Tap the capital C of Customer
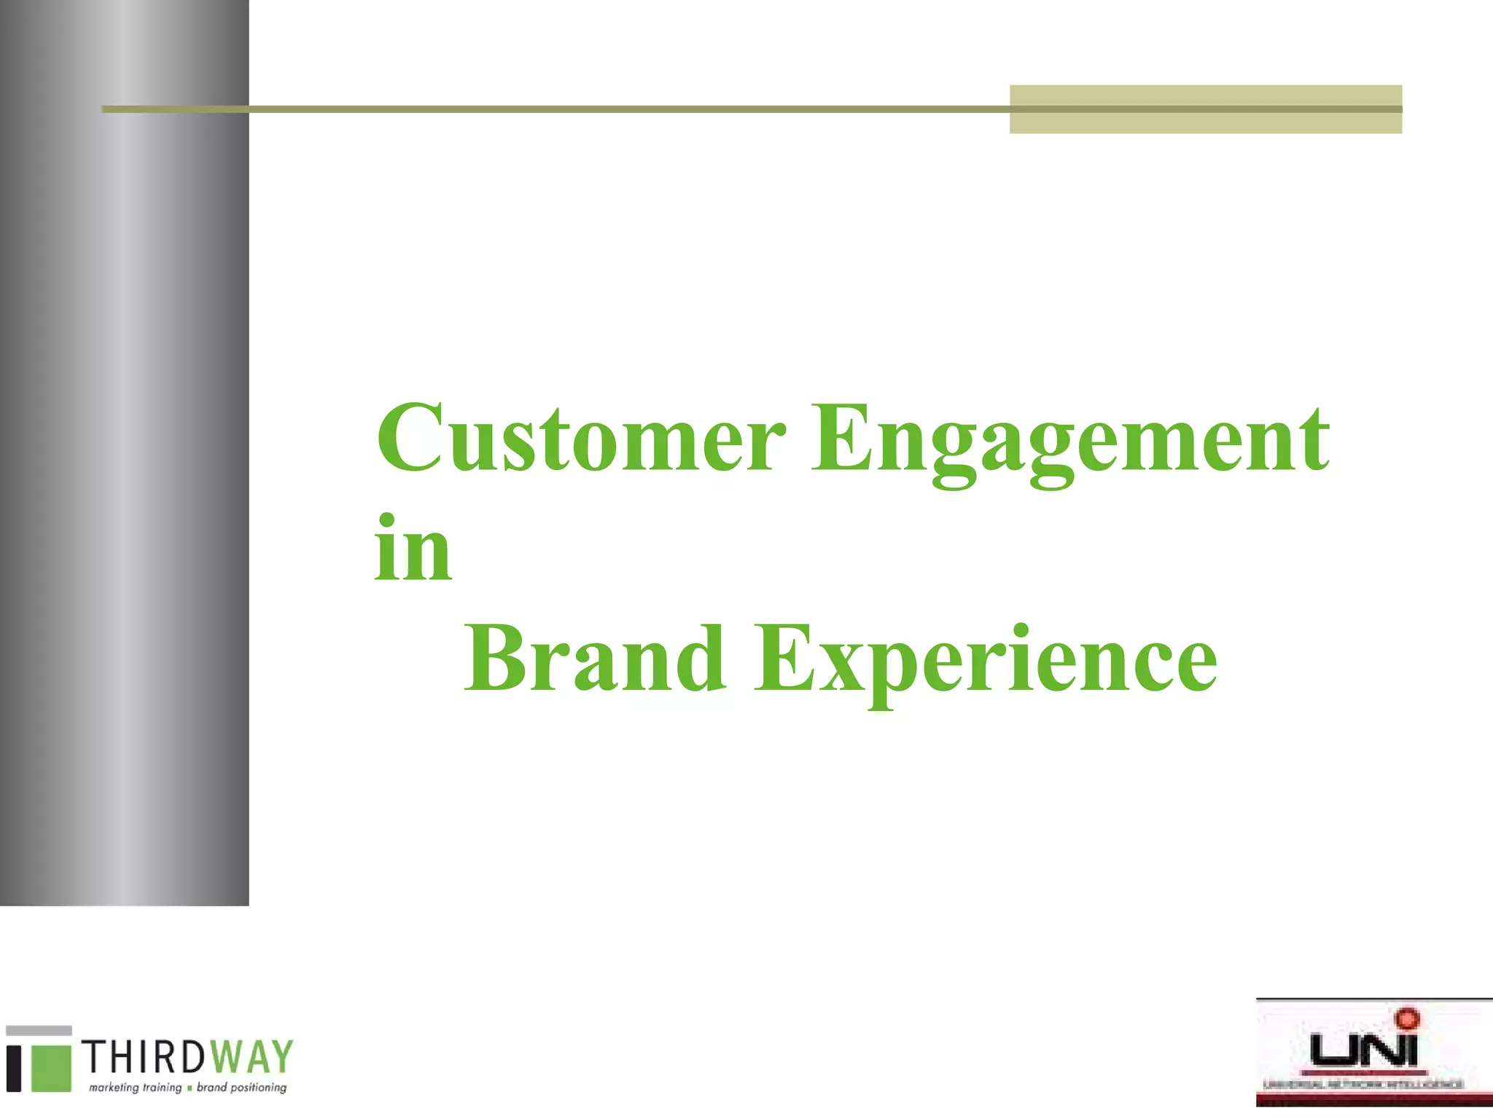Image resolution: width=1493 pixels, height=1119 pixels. (x=410, y=437)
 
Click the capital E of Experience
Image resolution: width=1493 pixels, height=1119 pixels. (x=783, y=657)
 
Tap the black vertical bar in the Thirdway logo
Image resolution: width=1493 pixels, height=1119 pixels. (x=14, y=1069)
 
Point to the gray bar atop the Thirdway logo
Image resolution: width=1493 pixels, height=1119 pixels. (x=39, y=1030)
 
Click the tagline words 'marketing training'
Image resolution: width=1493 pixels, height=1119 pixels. (x=135, y=1088)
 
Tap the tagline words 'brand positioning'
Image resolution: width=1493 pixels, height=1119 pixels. (x=242, y=1088)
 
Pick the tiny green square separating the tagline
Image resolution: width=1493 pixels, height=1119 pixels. (x=190, y=1088)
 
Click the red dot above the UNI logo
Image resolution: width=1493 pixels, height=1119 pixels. (x=1407, y=1018)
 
